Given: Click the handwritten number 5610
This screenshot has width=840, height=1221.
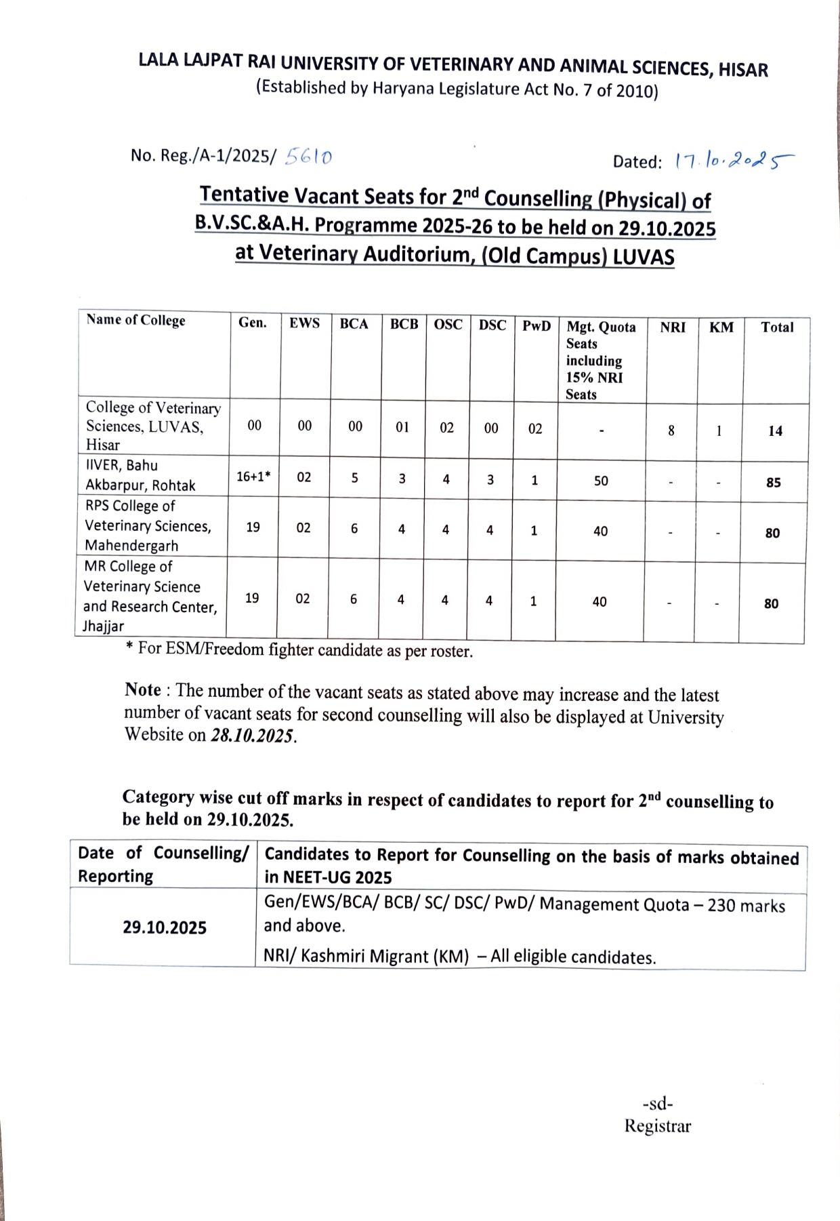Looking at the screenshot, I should [x=309, y=157].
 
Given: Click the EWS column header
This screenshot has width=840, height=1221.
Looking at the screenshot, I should [x=304, y=323].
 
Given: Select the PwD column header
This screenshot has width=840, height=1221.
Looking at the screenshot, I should [x=536, y=326].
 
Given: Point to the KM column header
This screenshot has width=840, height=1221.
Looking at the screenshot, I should [x=721, y=327].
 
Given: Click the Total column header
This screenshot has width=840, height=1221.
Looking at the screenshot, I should [x=776, y=327].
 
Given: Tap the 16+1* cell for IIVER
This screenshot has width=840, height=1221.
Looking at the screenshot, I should [x=253, y=477].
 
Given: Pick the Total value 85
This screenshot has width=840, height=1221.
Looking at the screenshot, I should [x=773, y=483].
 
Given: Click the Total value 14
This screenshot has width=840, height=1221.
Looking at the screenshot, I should [x=775, y=431].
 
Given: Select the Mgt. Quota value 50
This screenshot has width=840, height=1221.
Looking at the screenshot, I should [x=601, y=481].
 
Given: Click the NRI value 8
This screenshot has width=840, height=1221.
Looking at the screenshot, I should [x=671, y=431].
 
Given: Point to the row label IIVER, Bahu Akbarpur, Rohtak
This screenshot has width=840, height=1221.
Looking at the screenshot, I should [x=140, y=475].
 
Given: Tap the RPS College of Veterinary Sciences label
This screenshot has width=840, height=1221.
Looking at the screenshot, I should [x=148, y=525].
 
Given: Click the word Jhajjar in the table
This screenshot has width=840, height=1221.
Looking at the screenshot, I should [x=103, y=626].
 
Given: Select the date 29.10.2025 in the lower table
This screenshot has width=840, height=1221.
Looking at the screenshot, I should [x=165, y=927].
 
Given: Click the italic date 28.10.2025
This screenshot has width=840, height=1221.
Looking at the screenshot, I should [x=253, y=736].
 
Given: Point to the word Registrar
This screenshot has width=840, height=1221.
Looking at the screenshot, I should [x=657, y=1126].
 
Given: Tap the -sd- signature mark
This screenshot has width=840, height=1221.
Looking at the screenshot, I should [x=657, y=1104].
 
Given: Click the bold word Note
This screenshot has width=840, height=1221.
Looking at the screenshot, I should [x=143, y=690].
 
